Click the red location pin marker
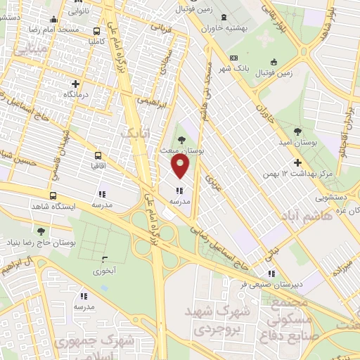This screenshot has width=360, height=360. point(181,167)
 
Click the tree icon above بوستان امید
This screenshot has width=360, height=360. point(298,131)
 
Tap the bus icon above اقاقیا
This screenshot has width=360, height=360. point(98,156)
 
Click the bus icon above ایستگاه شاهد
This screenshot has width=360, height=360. point(53,195)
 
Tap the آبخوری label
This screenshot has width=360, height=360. point(103,269)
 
